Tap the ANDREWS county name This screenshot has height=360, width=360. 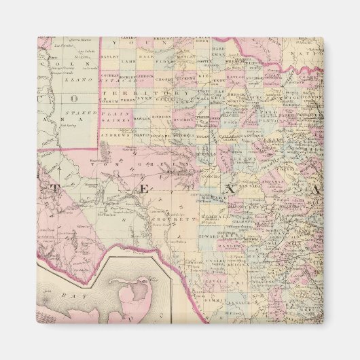click(x=113, y=134)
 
